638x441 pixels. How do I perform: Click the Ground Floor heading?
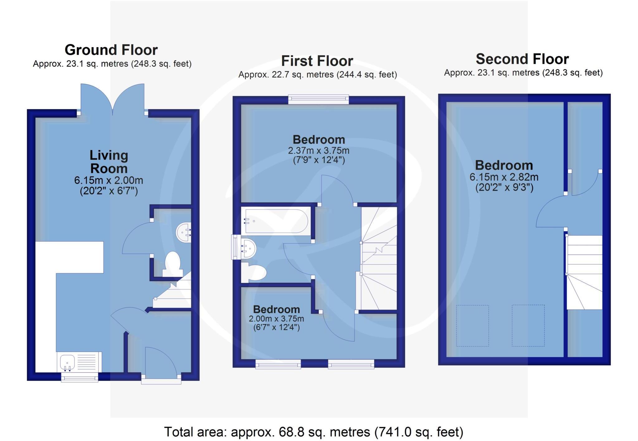point(111,50)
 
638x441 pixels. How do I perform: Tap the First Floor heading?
point(317,61)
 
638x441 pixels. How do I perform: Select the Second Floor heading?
point(522,59)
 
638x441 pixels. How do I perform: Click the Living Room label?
point(109,162)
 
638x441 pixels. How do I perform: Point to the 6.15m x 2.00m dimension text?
point(108,180)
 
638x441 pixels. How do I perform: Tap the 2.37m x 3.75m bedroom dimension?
point(318,151)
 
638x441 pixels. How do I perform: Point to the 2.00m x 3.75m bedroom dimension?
point(276,319)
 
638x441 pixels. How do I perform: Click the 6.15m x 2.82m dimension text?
point(504,177)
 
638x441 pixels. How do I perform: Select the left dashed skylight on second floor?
point(472,326)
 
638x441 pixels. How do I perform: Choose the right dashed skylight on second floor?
point(528,326)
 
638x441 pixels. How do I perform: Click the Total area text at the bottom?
point(313,432)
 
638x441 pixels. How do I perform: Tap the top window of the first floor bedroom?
point(318,99)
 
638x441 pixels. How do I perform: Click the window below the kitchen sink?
point(79,378)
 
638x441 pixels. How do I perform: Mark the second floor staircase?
point(584,272)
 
